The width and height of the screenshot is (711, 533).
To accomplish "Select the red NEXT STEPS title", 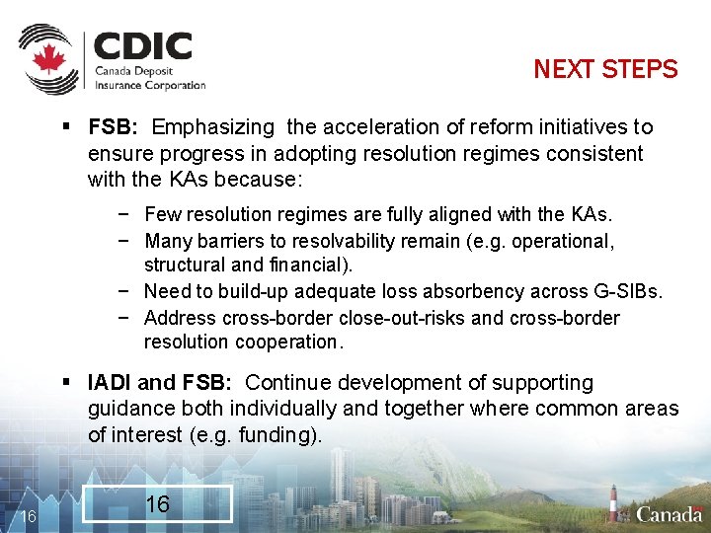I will click(x=605, y=69).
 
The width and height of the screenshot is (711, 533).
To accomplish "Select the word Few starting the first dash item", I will click(x=161, y=214).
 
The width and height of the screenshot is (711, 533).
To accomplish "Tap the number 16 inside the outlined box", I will click(x=157, y=504).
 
